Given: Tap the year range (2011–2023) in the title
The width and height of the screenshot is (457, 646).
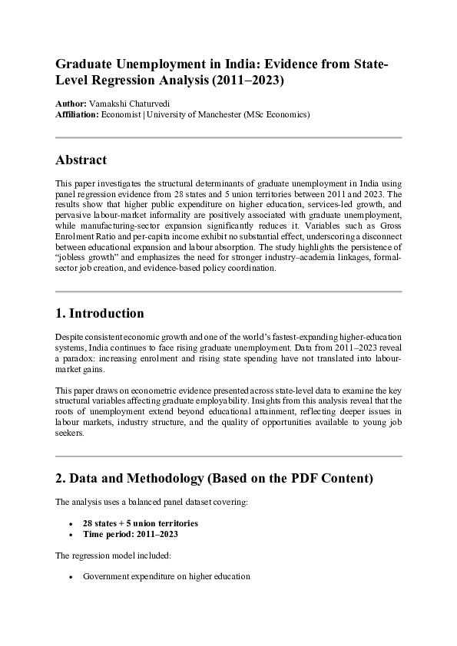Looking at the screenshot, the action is tap(253, 79).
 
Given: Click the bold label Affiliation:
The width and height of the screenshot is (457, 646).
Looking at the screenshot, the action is tap(77, 114).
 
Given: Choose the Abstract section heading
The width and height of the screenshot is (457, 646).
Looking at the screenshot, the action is tap(81, 160).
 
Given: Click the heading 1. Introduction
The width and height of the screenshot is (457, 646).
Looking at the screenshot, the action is tap(99, 314).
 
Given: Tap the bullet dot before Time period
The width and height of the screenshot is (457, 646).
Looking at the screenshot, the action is tap(71, 533).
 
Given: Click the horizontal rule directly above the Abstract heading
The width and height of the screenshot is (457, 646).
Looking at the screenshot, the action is tap(228, 137).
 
